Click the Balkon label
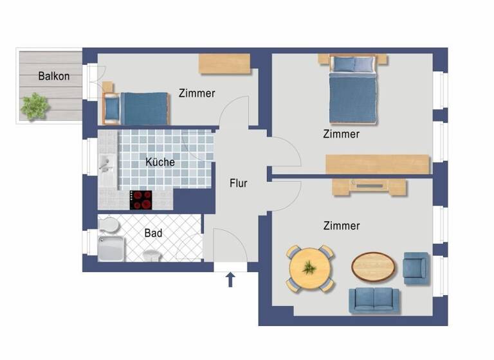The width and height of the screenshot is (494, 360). tap(54, 76)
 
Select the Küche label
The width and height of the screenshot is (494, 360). tap(160, 162)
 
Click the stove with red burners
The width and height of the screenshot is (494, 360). tap(142, 199)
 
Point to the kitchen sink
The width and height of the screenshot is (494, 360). tap(107, 165)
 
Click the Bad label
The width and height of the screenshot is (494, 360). tap(153, 233)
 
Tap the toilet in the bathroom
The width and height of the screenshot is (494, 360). tap(109, 226)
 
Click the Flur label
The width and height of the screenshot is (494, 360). tap(239, 183)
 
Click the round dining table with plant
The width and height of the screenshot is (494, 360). tap(311, 267)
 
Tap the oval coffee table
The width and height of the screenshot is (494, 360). tap(373, 266)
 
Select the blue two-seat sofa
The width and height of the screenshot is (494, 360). tap(374, 300)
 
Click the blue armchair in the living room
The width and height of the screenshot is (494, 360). tap(416, 267)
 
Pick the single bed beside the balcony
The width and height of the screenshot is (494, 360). tap(137, 108)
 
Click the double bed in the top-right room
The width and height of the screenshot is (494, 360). tap(352, 89)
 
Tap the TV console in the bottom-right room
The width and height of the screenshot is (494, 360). tap(369, 186)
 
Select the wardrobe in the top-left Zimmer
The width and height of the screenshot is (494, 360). tap(224, 64)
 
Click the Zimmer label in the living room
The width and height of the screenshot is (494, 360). tap(342, 226)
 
